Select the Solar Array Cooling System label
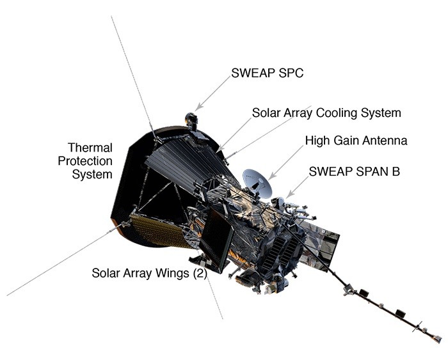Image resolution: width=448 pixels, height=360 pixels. click(x=326, y=113)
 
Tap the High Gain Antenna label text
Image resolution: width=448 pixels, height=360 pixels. click(x=356, y=139)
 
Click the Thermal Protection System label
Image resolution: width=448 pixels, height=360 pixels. click(x=90, y=160)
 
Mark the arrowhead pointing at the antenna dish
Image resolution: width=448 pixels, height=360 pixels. click(x=271, y=176)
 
